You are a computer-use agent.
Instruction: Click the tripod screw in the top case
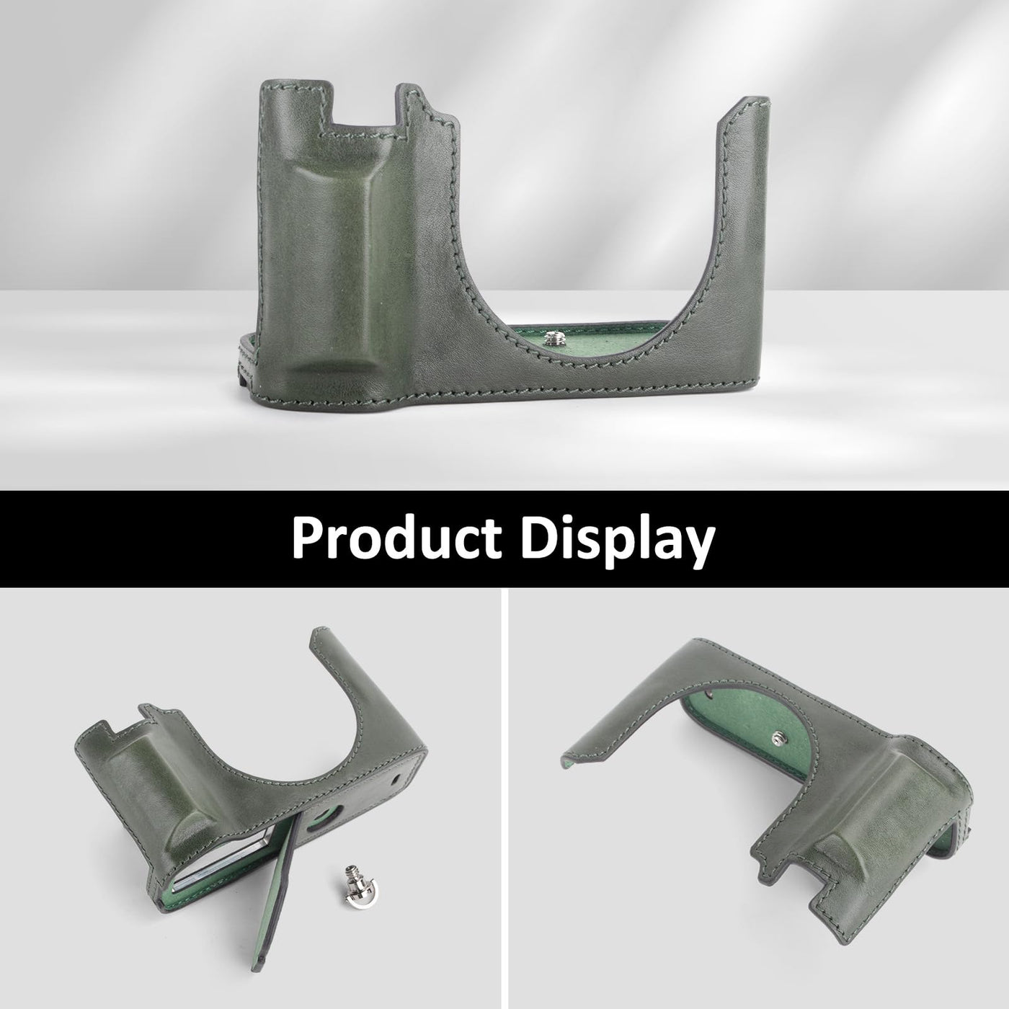550,339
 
